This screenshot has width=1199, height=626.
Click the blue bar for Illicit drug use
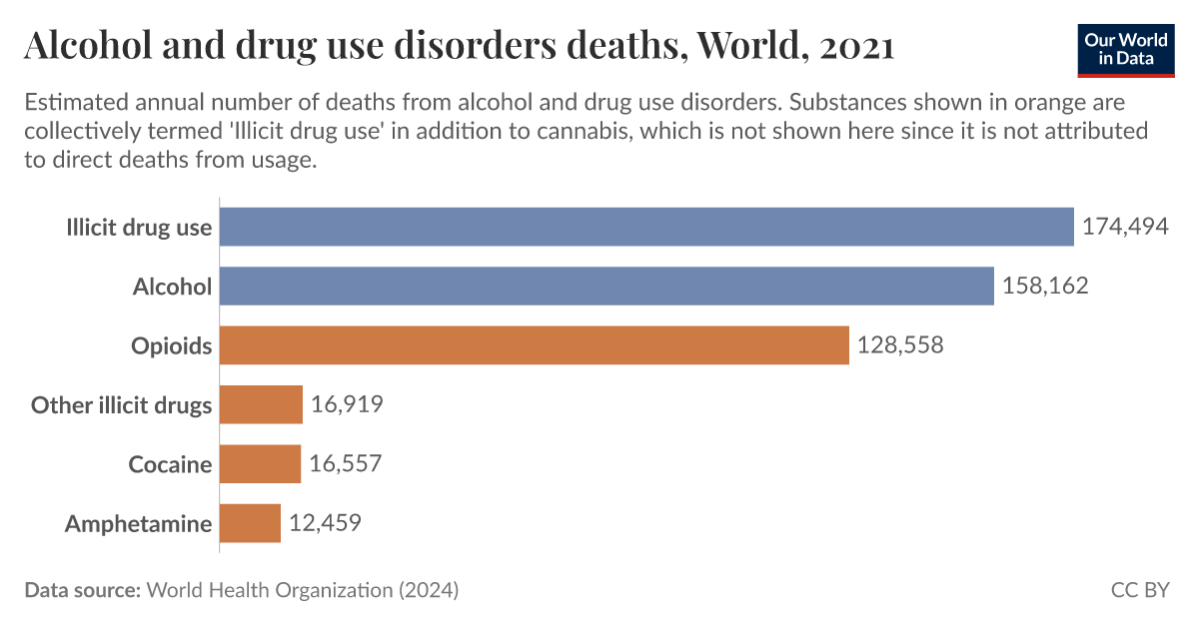click(x=645, y=227)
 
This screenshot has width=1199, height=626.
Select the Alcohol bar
click(x=606, y=287)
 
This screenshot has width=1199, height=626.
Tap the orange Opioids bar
click(x=534, y=345)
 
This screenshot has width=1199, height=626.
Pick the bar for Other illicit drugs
click(x=261, y=404)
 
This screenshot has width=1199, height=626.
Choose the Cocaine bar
click(x=260, y=464)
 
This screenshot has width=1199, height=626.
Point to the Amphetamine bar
click(x=250, y=523)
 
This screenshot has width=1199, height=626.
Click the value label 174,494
click(x=1125, y=227)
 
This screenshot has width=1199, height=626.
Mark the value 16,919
click(x=347, y=404)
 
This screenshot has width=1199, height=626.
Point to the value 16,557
click(x=346, y=464)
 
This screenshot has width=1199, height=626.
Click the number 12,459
click(x=325, y=523)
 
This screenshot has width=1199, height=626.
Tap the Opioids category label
click(x=172, y=346)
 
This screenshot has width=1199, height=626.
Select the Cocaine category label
click(x=170, y=465)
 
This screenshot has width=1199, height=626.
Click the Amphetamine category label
click(x=138, y=524)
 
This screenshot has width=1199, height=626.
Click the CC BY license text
click(x=1139, y=590)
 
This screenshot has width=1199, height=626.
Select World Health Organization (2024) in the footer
click(x=302, y=590)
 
